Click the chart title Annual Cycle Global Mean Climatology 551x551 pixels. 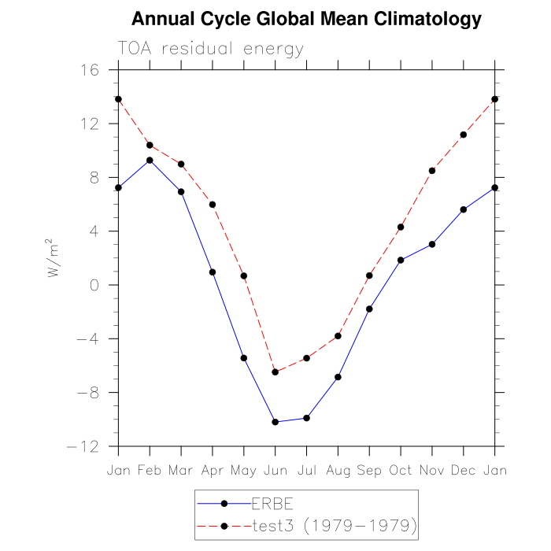click(x=306, y=19)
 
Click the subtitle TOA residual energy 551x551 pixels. click(x=210, y=49)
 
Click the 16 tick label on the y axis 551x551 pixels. click(x=90, y=70)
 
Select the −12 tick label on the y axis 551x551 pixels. click(x=83, y=446)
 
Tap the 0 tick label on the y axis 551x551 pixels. click(x=95, y=285)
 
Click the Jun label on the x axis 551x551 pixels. click(x=275, y=470)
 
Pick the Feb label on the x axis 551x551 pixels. click(x=150, y=470)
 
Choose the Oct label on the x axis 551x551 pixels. click(x=401, y=470)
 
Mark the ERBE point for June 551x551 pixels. click(x=275, y=422)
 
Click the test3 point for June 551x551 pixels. click(x=275, y=372)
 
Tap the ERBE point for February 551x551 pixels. click(x=150, y=160)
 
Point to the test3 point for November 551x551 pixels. click(x=432, y=170)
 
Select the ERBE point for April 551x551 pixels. click(x=213, y=272)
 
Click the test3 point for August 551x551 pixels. click(x=338, y=336)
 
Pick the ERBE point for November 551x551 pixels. click(x=432, y=244)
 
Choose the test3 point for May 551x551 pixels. click(x=244, y=275)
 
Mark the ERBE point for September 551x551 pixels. click(x=369, y=309)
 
